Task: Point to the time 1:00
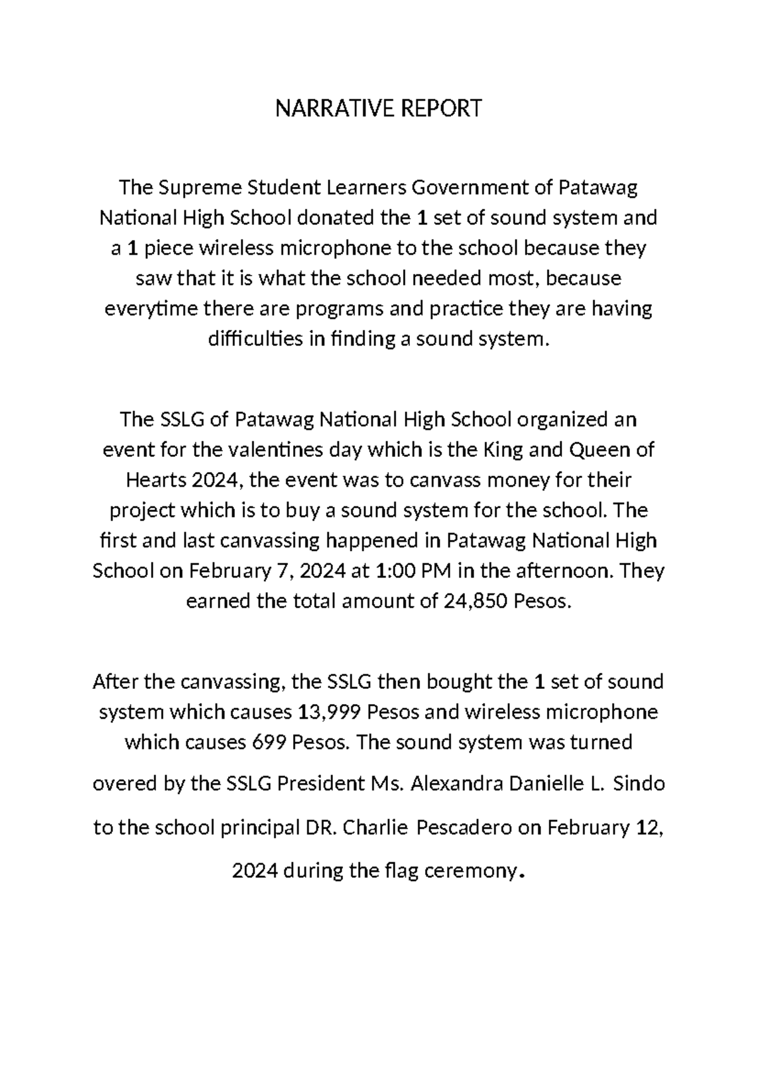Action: [x=396, y=571]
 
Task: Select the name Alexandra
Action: [x=457, y=784]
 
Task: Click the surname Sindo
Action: [x=639, y=784]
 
